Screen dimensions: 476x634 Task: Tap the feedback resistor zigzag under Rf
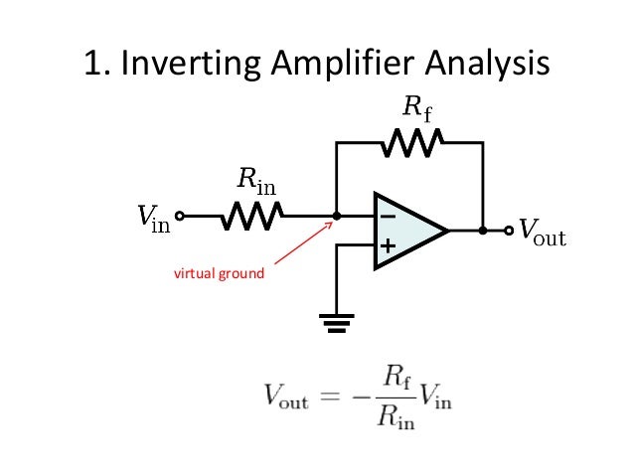tap(409, 146)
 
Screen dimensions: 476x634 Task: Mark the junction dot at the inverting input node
tap(336, 214)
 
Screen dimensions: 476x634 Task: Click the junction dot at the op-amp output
tap(483, 230)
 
